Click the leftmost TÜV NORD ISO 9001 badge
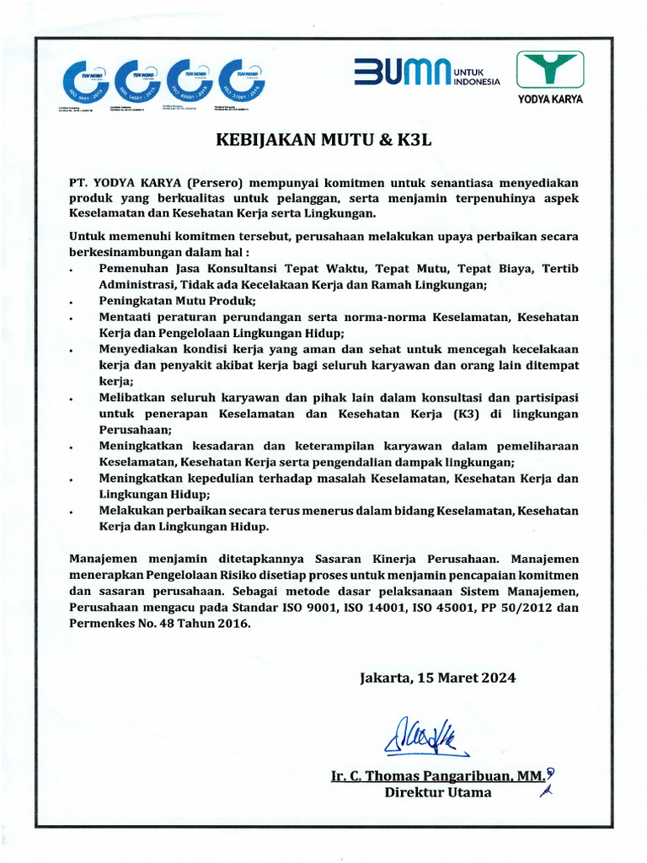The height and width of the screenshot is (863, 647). pos(86,82)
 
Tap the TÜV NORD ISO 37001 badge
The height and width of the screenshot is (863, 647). pos(243,82)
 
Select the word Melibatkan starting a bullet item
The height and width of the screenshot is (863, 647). pos(133,397)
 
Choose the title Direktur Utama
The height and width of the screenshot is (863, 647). pos(437,792)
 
